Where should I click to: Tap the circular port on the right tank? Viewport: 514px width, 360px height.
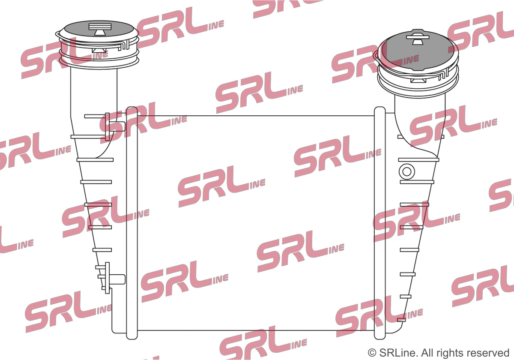[407, 171]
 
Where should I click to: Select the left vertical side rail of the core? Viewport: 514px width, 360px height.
[132, 223]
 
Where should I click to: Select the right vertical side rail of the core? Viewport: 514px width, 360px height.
[380, 223]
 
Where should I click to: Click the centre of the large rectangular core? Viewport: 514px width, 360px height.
[255, 223]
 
